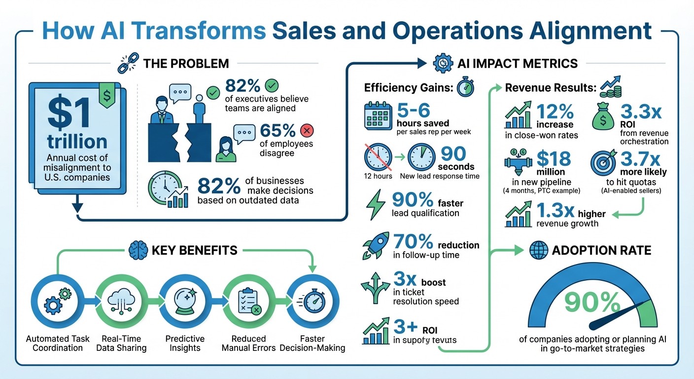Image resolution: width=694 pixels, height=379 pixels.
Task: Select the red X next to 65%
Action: point(307,131)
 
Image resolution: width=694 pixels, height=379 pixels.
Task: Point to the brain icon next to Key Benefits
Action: point(137,251)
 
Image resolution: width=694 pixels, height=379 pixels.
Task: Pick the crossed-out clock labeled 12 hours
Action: point(378,157)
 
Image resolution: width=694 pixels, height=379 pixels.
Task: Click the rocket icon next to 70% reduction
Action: point(376,245)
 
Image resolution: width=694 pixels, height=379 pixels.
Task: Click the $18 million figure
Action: point(553,160)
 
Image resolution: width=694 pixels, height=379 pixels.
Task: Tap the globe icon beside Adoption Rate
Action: point(538,250)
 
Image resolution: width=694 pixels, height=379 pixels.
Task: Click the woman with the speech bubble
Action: point(225,149)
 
